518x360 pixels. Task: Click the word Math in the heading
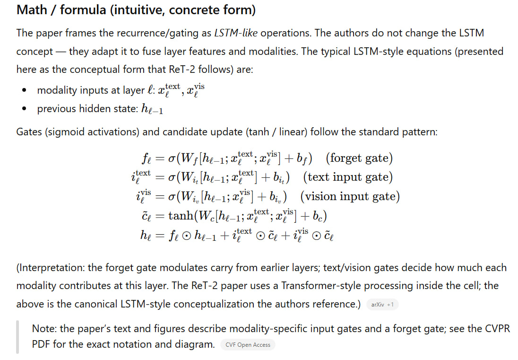click(31, 10)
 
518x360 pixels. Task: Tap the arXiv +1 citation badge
click(382, 305)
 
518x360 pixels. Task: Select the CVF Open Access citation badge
click(248, 345)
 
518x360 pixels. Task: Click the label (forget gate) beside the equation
click(359, 158)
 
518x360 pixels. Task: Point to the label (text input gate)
click(348, 177)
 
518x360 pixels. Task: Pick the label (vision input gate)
click(350, 196)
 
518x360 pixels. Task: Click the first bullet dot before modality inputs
click(24, 90)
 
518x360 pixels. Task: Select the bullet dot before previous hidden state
click(24, 109)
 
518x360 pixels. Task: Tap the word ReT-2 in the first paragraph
click(181, 69)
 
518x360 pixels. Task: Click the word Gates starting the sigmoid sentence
click(30, 132)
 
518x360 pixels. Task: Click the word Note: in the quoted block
click(43, 328)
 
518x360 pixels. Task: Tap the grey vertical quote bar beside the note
click(18, 336)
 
